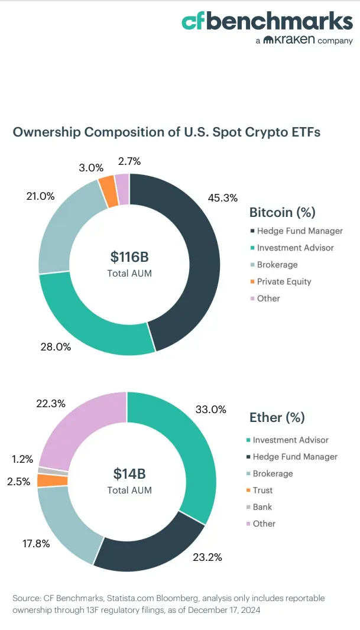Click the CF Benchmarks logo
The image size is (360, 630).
tap(267, 22)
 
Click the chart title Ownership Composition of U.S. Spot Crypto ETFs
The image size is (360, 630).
tap(167, 132)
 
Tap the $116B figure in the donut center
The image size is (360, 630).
tap(129, 256)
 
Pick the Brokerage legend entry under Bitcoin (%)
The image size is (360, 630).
tap(277, 265)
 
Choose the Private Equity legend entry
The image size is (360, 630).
tap(284, 281)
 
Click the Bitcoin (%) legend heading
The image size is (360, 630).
tap(282, 212)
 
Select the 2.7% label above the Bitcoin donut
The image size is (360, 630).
tap(129, 161)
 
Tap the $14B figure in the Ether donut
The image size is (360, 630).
tap(129, 473)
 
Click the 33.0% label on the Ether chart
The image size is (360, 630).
tap(210, 408)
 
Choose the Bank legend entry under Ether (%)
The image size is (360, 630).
tap(262, 506)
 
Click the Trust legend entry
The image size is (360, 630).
tap(262, 490)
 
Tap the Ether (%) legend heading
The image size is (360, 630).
tap(277, 417)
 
